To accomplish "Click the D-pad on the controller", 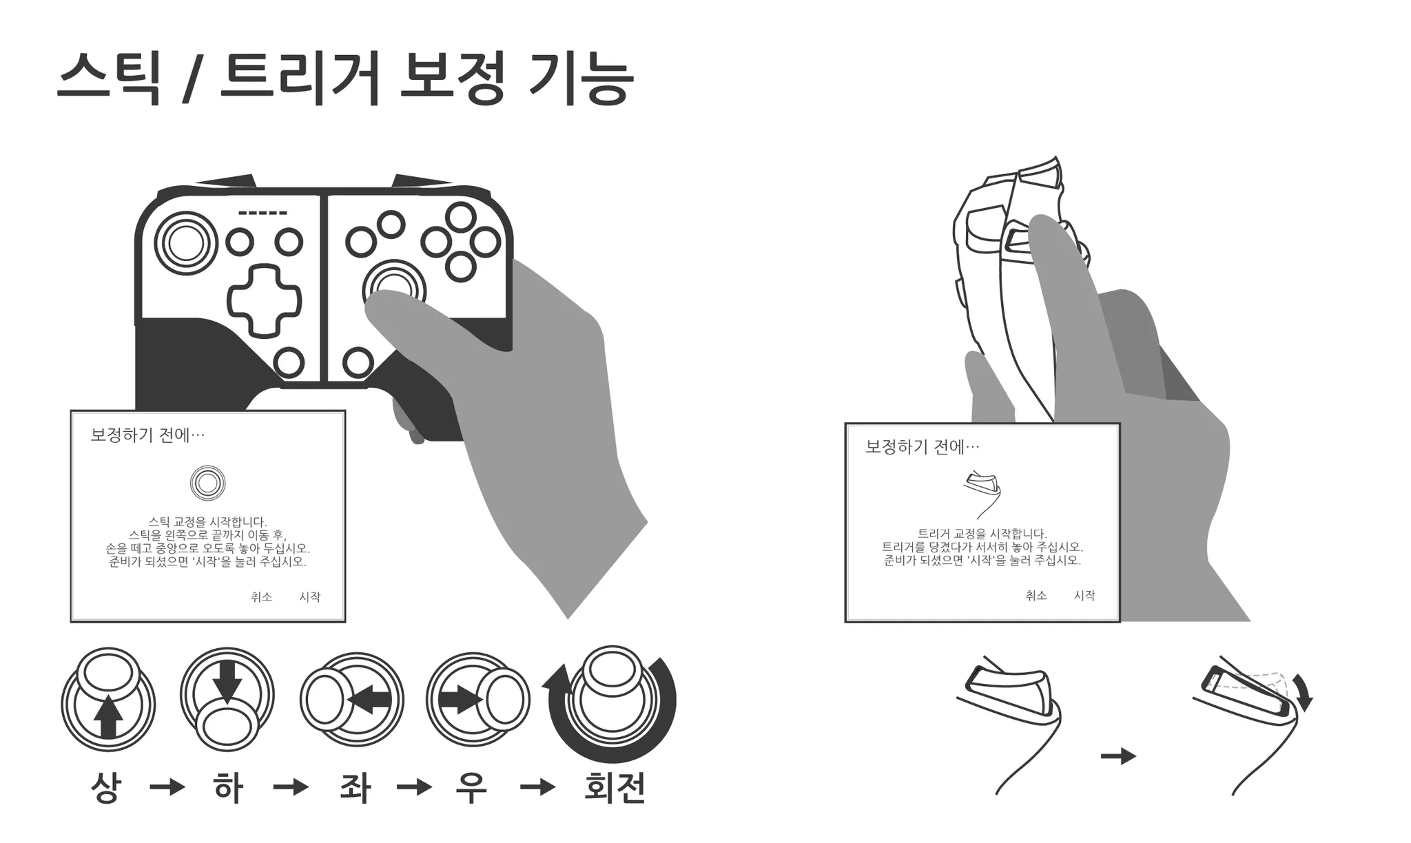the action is coord(265,301).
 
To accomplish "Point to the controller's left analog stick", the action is coord(186,242).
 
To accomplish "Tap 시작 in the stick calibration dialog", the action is coord(309,597).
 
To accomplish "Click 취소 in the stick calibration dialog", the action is coord(262,597).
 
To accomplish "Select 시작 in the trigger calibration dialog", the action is coord(1084,596).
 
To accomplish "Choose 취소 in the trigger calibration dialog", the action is coord(1036,596).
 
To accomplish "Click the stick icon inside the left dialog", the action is coord(207,483).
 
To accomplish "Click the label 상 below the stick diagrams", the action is coord(106,787).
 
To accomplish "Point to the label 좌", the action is coord(356,787).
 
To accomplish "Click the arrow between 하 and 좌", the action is coord(291,787).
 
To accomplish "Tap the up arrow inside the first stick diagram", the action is coord(107,716).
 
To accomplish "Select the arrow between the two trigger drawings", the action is coord(1118,756).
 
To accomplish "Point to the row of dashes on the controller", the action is coord(263,213).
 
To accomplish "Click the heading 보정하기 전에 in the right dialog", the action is coord(922,447).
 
